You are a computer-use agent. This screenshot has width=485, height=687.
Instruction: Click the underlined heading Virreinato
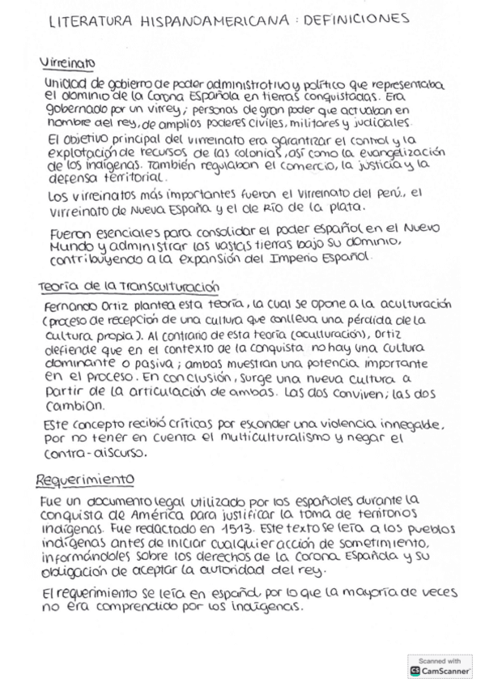click(x=67, y=62)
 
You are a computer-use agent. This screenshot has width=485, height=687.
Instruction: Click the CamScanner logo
click(x=440, y=671)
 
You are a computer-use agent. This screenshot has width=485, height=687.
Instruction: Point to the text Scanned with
click(x=440, y=660)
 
